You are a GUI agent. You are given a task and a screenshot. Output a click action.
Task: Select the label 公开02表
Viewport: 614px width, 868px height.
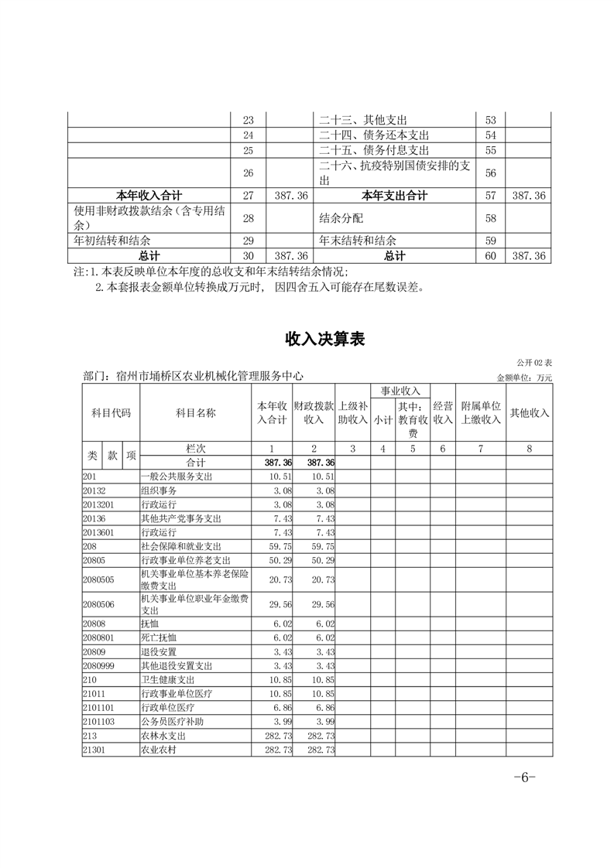tap(534, 362)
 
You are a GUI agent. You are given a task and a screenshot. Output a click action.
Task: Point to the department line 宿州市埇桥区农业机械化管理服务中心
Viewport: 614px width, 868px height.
tap(193, 376)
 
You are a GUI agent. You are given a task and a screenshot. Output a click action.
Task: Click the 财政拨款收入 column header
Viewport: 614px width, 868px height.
tap(314, 413)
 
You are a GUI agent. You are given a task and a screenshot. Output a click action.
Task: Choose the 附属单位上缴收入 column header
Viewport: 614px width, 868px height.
tap(481, 413)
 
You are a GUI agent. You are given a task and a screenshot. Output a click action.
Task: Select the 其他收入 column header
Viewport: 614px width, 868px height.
tap(530, 413)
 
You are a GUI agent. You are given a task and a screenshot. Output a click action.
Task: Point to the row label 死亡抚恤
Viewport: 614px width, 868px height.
tap(159, 637)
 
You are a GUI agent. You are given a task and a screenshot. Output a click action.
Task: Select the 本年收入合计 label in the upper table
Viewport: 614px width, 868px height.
tap(149, 196)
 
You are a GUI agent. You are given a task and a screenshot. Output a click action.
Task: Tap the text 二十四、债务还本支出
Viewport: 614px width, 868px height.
tap(374, 135)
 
